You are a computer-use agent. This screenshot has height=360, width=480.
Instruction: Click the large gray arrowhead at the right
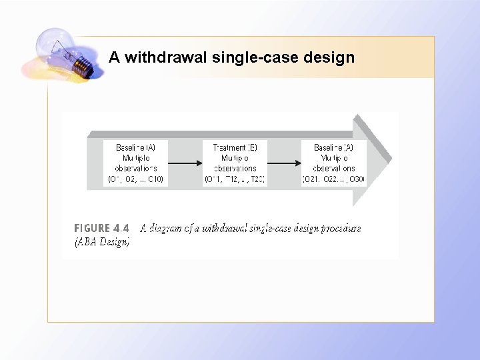point(376,160)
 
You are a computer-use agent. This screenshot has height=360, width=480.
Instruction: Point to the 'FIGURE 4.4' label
point(101,228)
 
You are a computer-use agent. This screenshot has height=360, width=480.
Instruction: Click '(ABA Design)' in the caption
point(101,242)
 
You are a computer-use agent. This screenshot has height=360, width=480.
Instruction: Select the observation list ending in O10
point(136,179)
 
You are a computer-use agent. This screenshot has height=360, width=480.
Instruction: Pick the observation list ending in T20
point(235,179)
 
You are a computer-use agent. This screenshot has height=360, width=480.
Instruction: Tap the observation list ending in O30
point(333,179)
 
